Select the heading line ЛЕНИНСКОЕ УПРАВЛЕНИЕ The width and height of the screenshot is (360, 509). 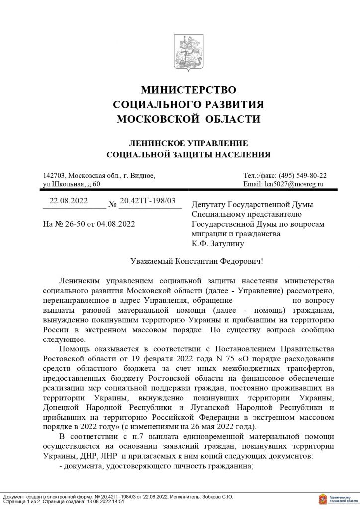[x=180, y=142]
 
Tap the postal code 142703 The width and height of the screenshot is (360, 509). [x=55, y=176]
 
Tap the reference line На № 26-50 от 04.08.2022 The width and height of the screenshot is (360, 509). [x=90, y=224]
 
